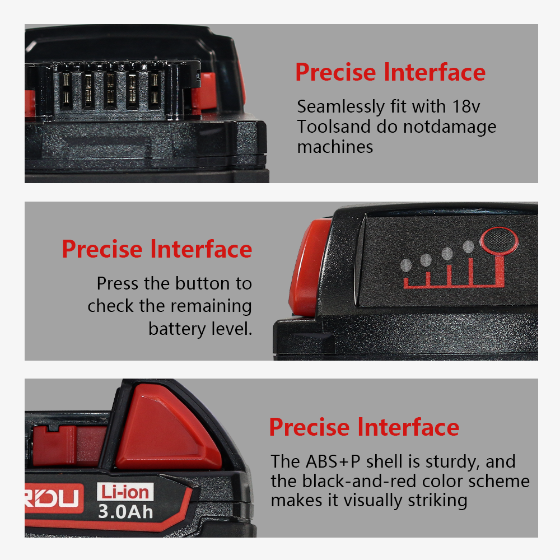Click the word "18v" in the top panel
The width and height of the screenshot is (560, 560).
point(466,106)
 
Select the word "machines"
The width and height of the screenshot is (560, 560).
point(335,147)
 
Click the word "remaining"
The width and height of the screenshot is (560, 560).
point(211,307)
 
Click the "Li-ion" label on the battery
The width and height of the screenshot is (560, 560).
point(125,492)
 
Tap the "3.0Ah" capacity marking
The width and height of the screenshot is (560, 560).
point(125,512)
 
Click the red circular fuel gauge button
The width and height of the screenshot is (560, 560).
point(499,241)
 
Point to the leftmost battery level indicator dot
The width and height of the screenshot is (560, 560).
point(406,265)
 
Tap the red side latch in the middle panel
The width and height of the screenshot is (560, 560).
point(308,268)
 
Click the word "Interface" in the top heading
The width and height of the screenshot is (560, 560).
point(435,72)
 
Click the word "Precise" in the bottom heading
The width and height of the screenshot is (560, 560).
point(309,427)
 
